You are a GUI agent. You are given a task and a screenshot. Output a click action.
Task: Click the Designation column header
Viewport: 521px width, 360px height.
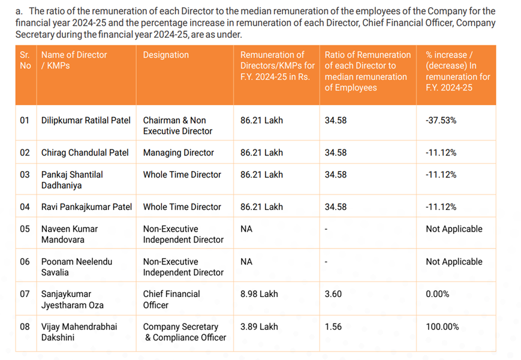coord(166,55)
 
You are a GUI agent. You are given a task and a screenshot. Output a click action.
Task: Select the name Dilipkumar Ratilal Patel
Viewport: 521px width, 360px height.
coord(86,121)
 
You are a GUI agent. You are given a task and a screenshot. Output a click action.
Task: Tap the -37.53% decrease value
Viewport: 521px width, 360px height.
coord(441,121)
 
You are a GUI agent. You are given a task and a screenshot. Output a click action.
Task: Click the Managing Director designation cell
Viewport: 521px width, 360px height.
coord(179,152)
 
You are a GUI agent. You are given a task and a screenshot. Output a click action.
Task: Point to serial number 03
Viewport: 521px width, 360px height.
coord(25,175)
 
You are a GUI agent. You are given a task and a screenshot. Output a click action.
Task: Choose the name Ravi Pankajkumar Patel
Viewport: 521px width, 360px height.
coord(86,207)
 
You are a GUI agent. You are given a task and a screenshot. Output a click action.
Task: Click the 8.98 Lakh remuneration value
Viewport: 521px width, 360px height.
coord(259,294)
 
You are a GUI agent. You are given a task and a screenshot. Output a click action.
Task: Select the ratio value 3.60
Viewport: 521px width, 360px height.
coord(333,294)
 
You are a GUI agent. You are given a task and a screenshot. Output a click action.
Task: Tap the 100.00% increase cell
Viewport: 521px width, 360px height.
coord(442,327)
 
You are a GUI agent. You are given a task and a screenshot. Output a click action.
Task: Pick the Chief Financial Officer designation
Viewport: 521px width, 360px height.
coord(171,299)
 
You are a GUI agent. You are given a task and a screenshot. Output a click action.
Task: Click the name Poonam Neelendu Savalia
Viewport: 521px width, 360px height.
coord(77,267)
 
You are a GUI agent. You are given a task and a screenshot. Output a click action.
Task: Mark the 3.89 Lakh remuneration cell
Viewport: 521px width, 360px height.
coord(259,327)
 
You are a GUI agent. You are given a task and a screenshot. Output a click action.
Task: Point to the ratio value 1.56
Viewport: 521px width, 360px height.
coord(333,327)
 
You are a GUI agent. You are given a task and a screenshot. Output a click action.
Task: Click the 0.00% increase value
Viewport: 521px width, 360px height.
coord(437,294)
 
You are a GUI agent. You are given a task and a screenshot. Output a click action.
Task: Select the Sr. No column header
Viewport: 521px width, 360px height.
coord(25,60)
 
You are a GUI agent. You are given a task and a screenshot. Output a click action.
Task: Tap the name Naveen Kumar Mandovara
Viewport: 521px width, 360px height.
coord(70,235)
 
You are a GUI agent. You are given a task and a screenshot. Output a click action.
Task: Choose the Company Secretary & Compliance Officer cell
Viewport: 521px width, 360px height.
coord(185,332)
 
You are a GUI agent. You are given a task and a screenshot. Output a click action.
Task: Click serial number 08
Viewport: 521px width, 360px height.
coord(25,327)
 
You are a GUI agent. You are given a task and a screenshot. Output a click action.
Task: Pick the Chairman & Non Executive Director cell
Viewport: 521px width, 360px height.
coord(177,125)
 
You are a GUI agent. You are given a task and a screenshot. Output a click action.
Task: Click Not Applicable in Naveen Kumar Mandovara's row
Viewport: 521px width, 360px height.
coord(454,229)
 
